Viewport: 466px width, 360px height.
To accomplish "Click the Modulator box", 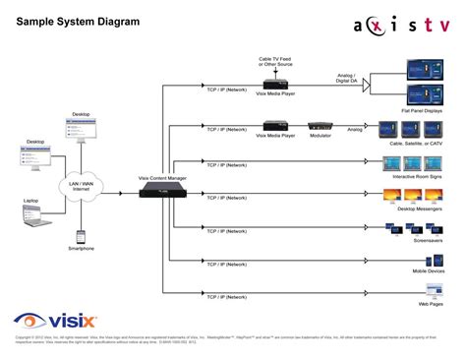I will [321, 127].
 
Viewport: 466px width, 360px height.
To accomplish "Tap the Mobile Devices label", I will [430, 270].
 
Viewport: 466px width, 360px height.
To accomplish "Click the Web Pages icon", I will [434, 290].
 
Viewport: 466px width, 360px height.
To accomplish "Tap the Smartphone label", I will [82, 249].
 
